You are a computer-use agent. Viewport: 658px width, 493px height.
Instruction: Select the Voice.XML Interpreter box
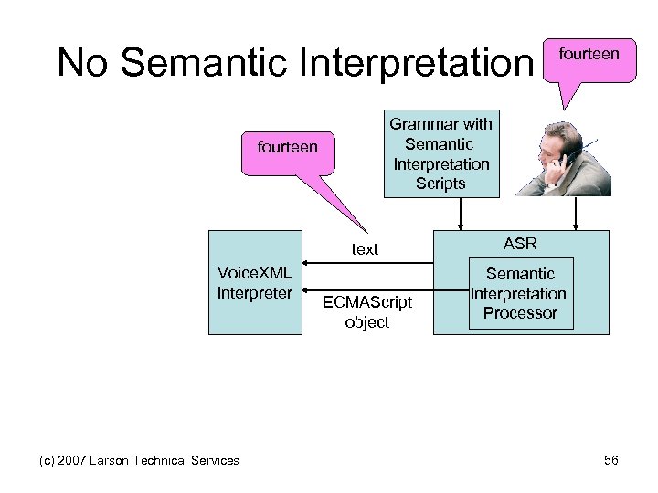[x=255, y=283]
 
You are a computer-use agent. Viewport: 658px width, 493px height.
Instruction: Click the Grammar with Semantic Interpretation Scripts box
[x=441, y=153]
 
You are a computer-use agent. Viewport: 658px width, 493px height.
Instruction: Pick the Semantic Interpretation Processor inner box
[x=519, y=294]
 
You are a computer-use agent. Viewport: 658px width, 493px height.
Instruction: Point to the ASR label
[x=519, y=244]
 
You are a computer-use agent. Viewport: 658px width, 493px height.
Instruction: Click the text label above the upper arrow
[x=365, y=249]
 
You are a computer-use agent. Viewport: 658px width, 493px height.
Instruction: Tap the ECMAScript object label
[x=366, y=311]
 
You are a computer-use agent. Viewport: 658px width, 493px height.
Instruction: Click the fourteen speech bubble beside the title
[x=588, y=55]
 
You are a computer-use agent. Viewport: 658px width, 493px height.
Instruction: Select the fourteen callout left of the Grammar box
[x=288, y=146]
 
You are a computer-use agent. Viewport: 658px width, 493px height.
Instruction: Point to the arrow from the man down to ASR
[x=576, y=214]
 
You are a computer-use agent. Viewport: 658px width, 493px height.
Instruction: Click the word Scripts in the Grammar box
[x=441, y=184]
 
